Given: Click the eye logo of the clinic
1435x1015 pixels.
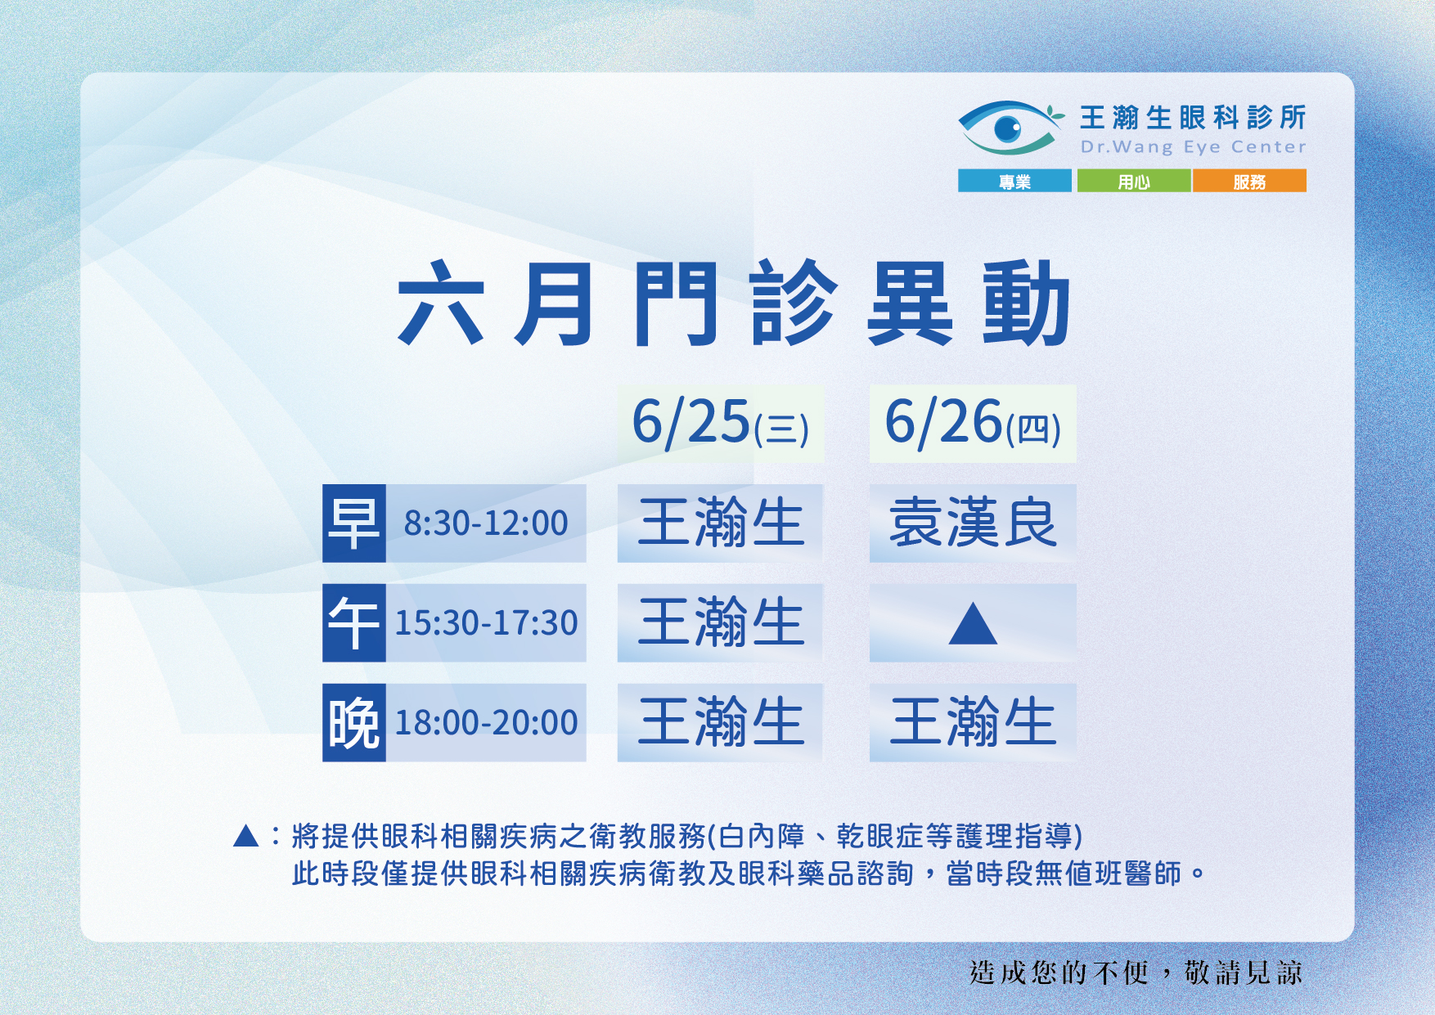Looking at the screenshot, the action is pyautogui.click(x=1010, y=128).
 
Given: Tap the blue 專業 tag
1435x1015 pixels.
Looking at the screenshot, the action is pyautogui.click(x=1014, y=181).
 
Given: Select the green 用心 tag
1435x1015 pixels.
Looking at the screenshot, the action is pyautogui.click(x=1134, y=181).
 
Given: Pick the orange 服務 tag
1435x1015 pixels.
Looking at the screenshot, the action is pyautogui.click(x=1249, y=181).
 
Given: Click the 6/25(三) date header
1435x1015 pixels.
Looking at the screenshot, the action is pyautogui.click(x=720, y=424).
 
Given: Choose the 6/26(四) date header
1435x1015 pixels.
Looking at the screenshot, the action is pyautogui.click(x=973, y=424).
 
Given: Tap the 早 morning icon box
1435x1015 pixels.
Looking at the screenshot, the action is pyautogui.click(x=353, y=523).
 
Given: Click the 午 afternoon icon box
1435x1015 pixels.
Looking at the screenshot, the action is pyautogui.click(x=353, y=622).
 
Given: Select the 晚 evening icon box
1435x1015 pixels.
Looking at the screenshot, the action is pyautogui.click(x=353, y=722).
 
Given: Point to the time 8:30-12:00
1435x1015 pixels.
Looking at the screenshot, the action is pyautogui.click(x=486, y=523).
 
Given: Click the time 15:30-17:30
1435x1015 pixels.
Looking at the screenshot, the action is pyautogui.click(x=486, y=623).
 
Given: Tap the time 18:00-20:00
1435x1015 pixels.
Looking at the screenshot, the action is pyautogui.click(x=486, y=723).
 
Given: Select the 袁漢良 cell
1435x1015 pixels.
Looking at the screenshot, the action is pyautogui.click(x=973, y=523).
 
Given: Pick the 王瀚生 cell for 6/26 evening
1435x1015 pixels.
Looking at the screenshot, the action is pyautogui.click(x=973, y=722).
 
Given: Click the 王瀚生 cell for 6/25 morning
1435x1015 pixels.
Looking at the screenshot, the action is pyautogui.click(x=720, y=523).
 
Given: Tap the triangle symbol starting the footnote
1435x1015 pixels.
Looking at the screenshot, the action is pyautogui.click(x=246, y=836).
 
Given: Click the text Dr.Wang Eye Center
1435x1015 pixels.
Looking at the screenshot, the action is pyautogui.click(x=1193, y=147).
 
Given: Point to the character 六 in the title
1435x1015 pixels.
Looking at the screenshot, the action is pyautogui.click(x=440, y=303).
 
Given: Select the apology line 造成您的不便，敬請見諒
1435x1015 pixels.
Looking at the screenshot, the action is pyautogui.click(x=1136, y=972).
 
